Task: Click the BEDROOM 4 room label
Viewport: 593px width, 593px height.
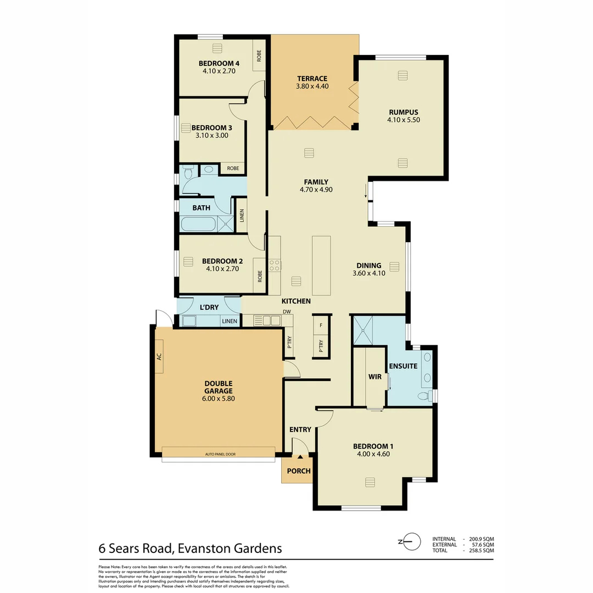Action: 219,63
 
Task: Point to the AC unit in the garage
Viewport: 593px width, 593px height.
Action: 159,356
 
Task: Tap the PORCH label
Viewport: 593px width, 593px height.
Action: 299,471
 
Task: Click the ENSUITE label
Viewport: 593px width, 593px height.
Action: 403,366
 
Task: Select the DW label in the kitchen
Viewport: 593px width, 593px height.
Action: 287,312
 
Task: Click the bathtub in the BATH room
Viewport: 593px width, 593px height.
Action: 198,224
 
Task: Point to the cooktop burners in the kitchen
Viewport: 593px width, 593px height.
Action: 275,266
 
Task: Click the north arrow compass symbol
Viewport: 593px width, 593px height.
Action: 412,541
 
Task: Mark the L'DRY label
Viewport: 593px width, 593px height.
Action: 209,307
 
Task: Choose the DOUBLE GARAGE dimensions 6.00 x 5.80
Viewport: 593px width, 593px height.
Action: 219,399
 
